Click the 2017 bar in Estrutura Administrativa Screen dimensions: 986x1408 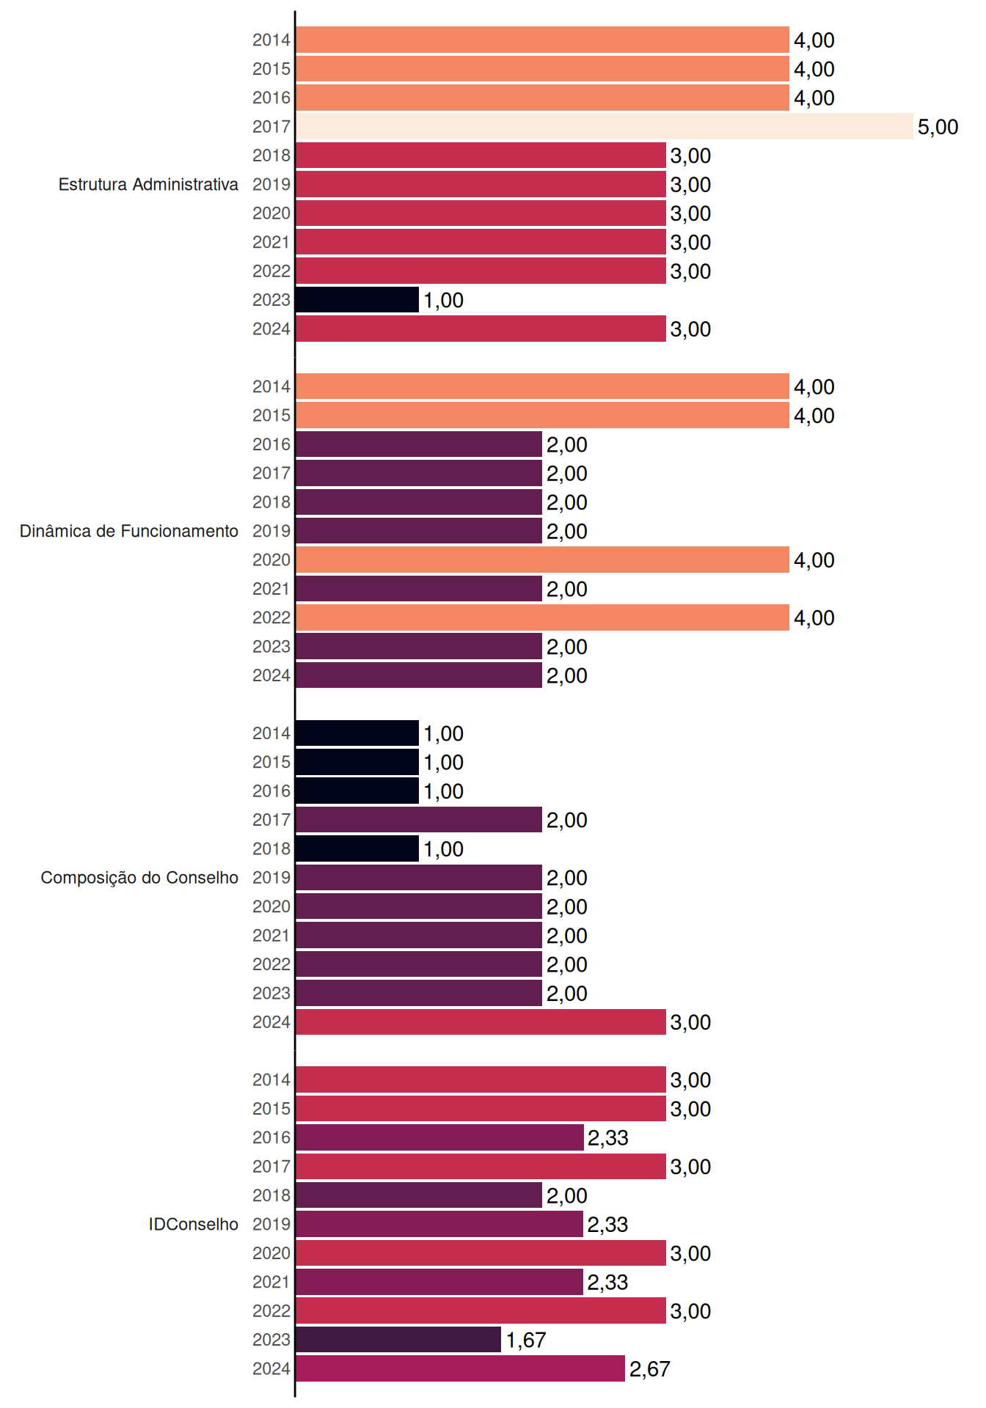(605, 126)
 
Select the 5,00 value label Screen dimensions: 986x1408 (938, 127)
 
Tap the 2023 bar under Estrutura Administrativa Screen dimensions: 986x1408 (357, 299)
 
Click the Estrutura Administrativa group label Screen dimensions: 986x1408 (148, 184)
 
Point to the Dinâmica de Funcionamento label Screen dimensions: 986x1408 (129, 531)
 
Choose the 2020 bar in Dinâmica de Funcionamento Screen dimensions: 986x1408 (543, 560)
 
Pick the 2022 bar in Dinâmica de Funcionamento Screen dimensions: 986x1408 (543, 617)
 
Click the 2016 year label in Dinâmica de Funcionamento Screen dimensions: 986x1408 (271, 444)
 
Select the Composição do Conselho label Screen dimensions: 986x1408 (139, 878)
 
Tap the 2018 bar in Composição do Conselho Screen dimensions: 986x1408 (357, 848)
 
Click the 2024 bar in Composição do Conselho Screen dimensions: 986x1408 (481, 1022)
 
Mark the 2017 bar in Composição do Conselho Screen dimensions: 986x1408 (419, 819)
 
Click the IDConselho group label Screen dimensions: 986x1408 (194, 1224)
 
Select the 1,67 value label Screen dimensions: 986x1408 (526, 1340)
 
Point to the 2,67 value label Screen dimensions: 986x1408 (650, 1369)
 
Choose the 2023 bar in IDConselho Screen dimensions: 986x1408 (398, 1339)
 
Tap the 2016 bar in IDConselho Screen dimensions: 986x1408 (440, 1137)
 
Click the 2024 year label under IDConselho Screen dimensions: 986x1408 (271, 1368)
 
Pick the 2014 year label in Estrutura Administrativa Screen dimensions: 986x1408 (271, 40)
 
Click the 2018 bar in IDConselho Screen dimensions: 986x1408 (419, 1195)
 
